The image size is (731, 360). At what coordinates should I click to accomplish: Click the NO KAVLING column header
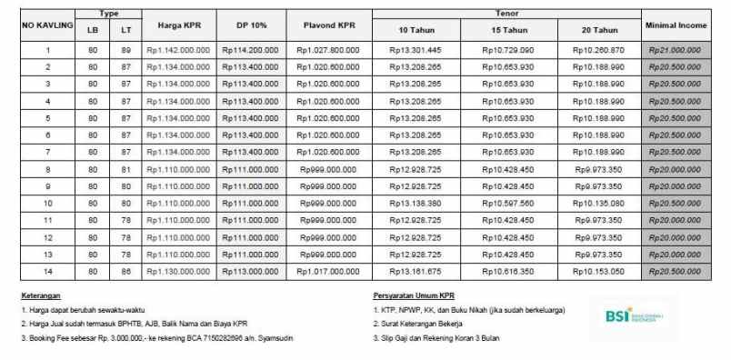click(47, 25)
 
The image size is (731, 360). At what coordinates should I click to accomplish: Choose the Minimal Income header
click(675, 25)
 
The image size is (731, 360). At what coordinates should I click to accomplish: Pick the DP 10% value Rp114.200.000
click(250, 50)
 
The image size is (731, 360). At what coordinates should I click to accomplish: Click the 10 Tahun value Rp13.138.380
click(416, 203)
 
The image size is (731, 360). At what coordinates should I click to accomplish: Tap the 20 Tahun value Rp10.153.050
click(598, 271)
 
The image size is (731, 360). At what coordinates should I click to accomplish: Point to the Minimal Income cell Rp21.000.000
click(675, 50)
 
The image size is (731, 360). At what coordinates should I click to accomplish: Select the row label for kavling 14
click(47, 271)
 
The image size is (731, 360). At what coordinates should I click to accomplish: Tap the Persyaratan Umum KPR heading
click(415, 296)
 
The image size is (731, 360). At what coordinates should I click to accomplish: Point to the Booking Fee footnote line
click(156, 338)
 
